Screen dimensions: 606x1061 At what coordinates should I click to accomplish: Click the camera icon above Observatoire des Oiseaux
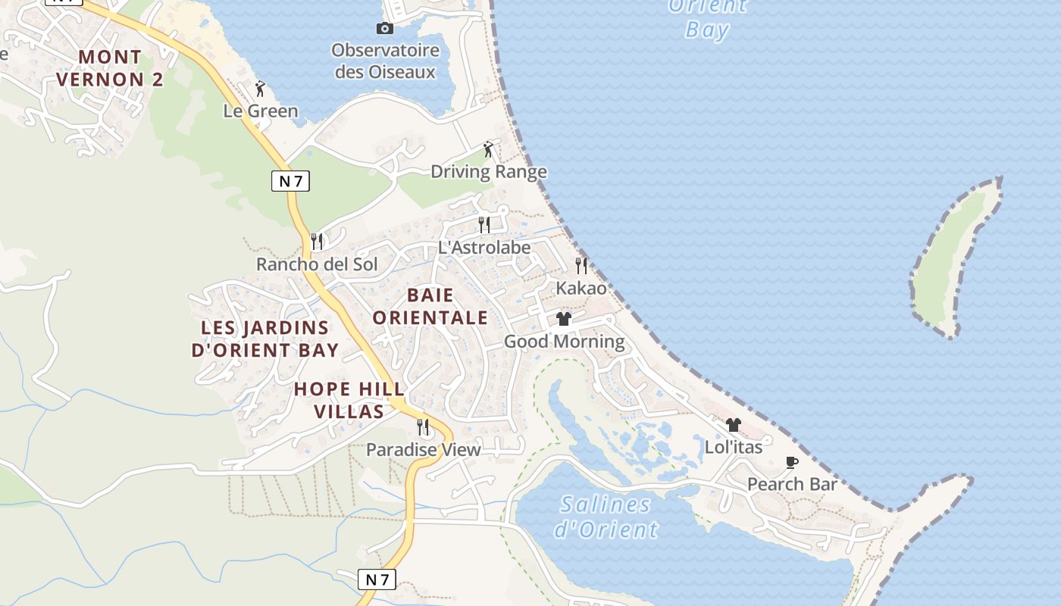[385, 29]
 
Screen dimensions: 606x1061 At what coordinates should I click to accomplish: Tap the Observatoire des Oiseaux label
[385, 61]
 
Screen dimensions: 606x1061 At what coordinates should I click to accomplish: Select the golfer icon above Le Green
[260, 89]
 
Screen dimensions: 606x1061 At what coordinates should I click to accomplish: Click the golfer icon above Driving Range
[488, 149]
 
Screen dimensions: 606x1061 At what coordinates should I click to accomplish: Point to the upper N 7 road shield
[290, 181]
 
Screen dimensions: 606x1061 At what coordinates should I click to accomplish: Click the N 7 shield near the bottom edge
[377, 579]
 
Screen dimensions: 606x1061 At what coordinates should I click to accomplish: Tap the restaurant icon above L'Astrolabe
[484, 224]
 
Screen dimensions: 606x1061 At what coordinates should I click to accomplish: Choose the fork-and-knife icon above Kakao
[581, 265]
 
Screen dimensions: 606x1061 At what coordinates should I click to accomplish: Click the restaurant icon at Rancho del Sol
[317, 242]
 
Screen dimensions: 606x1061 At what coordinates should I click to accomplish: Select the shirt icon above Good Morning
[563, 319]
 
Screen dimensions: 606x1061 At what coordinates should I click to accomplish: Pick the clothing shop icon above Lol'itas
[733, 425]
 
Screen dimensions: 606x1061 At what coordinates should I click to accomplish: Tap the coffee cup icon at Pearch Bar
[792, 462]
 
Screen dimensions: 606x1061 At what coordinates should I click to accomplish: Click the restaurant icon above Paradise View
[423, 427]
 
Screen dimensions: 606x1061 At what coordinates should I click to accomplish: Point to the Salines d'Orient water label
[606, 517]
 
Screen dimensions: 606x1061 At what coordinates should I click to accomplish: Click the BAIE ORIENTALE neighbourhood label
[430, 306]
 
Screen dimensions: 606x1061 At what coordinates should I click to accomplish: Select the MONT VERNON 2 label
[109, 68]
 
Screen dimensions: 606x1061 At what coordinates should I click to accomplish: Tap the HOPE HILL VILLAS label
[349, 400]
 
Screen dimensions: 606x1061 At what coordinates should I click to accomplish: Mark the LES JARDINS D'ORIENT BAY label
[264, 339]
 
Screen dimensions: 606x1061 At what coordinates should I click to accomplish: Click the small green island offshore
[953, 258]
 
